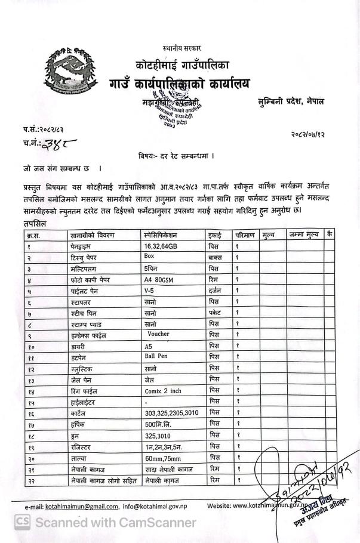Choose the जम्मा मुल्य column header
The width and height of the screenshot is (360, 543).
pyautogui.click(x=303, y=235)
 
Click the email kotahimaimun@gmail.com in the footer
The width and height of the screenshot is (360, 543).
pyautogui.click(x=81, y=507)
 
